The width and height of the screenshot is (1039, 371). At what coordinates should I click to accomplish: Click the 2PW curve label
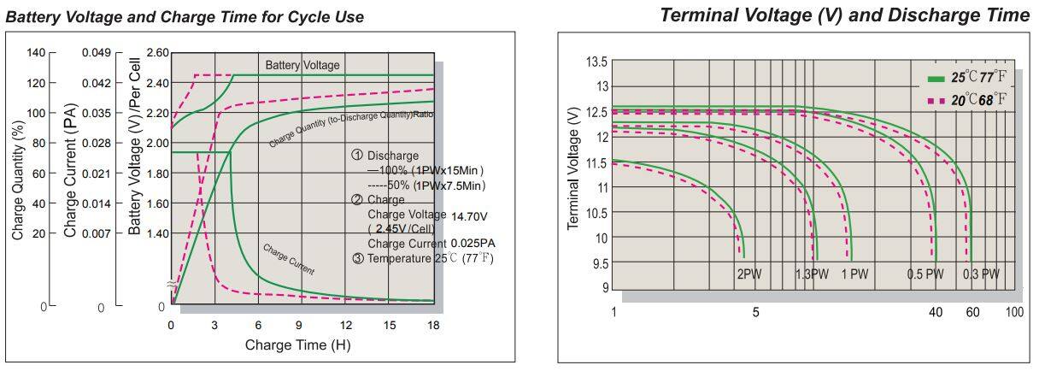coord(748,274)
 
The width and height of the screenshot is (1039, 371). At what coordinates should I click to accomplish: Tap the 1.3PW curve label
coord(812,274)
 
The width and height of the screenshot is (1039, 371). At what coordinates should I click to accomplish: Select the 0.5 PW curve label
coord(925,274)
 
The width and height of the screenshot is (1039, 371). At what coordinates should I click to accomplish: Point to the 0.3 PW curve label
coord(980,274)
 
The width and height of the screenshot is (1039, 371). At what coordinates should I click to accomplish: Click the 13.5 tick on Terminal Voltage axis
coord(596,62)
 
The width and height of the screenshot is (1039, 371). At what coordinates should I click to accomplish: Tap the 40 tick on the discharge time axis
coord(936,313)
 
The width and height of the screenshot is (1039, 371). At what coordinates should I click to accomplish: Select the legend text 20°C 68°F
coord(979,101)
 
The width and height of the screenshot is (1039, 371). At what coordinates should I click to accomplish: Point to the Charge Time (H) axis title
coord(297,345)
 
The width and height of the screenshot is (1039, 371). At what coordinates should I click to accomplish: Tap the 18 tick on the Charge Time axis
coord(433,326)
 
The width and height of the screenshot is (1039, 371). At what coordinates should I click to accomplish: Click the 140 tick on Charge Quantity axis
coord(36,53)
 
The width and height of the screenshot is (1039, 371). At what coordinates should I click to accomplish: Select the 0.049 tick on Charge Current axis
coord(97,53)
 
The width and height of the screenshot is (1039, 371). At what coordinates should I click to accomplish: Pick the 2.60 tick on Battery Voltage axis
coord(157,53)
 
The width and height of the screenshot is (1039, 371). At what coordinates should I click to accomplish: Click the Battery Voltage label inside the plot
coord(302,66)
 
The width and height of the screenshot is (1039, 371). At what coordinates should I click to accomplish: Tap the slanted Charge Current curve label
coord(288,260)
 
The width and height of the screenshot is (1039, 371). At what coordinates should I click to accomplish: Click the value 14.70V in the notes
coord(471,215)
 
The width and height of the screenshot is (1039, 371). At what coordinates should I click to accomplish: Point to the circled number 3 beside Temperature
coord(357,258)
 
